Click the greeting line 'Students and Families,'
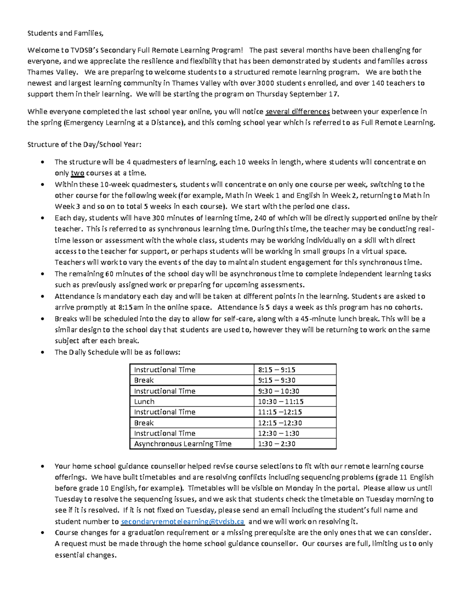pyautogui.click(x=65, y=33)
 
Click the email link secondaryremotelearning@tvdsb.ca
pyautogui.click(x=183, y=521)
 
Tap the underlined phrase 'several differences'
pyautogui.click(x=297, y=112)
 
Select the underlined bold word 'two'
pyautogui.click(x=77, y=173)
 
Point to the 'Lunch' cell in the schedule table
pyautogui.click(x=144, y=401)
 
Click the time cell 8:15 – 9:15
pyautogui.click(x=276, y=370)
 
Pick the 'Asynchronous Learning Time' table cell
pyautogui.click(x=183, y=444)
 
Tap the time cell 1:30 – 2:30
pyautogui.click(x=276, y=444)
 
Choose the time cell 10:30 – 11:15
pyautogui.click(x=280, y=401)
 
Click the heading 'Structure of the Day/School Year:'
pyautogui.click(x=84, y=144)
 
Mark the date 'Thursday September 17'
pyautogui.click(x=297, y=94)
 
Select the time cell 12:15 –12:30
pyautogui.click(x=280, y=423)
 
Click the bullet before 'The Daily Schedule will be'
pyautogui.click(x=43, y=353)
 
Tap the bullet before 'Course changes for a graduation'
pyautogui.click(x=43, y=533)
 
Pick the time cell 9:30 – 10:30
pyautogui.click(x=278, y=391)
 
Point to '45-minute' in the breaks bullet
pyautogui.click(x=316, y=319)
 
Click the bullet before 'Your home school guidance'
pyautogui.click(x=43, y=466)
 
